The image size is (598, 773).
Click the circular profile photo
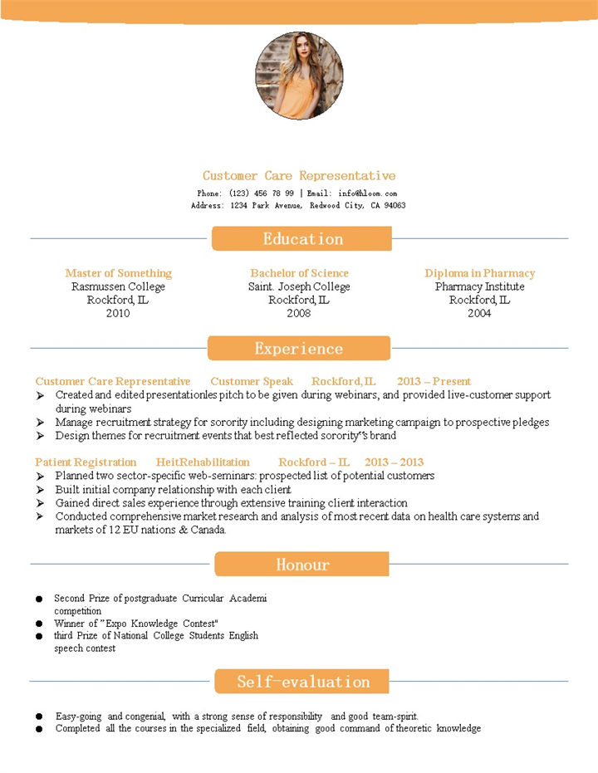tap(299, 76)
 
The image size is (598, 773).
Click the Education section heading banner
tap(301, 239)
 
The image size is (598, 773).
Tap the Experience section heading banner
tap(299, 349)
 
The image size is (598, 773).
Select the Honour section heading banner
tap(302, 565)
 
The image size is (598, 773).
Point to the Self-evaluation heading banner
tap(302, 682)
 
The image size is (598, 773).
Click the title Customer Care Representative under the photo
tap(299, 176)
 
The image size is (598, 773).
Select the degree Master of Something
tap(118, 273)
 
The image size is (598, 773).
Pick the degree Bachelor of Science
tap(299, 273)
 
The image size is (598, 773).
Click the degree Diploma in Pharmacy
tap(480, 273)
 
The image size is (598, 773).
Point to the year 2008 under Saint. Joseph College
tap(299, 313)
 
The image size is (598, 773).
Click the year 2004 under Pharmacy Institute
tap(479, 313)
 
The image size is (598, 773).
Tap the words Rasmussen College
tap(118, 286)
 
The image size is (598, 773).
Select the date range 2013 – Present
tap(434, 381)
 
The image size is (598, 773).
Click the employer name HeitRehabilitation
tap(203, 462)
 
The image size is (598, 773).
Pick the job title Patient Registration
tap(86, 462)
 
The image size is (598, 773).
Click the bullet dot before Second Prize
tap(39, 599)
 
